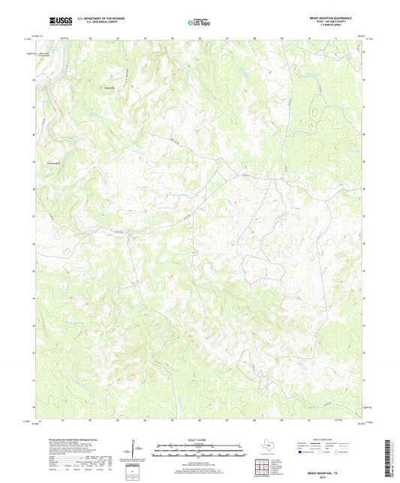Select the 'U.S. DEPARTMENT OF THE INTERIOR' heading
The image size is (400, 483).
[x=95, y=19]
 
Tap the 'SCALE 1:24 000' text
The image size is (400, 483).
[x=200, y=439]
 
